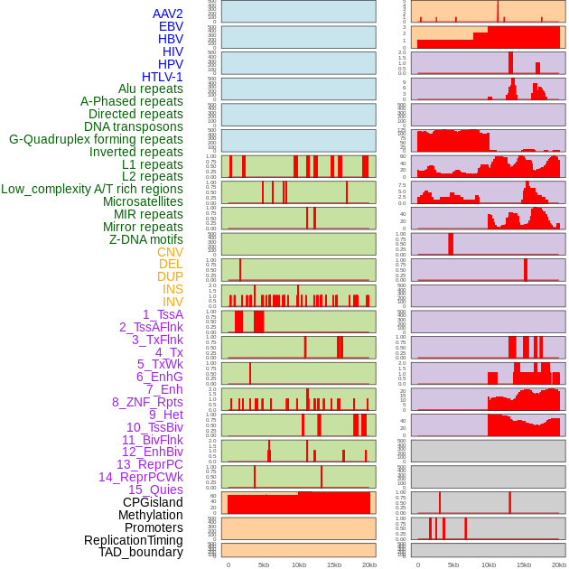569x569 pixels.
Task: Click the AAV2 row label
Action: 168,14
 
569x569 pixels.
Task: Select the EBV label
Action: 171,26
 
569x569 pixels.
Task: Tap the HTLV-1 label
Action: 162,77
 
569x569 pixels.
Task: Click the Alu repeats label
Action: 151,89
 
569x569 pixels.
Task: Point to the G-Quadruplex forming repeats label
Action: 96,139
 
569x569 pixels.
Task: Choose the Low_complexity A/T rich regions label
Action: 92,189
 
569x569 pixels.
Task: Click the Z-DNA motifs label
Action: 145,239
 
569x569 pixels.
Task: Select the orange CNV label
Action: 170,252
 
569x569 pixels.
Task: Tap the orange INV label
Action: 173,302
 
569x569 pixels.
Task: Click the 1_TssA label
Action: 163,314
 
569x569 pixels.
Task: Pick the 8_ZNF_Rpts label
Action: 147,402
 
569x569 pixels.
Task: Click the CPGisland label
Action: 153,502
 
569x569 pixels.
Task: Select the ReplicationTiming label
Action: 133,540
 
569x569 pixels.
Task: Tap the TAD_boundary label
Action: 141,552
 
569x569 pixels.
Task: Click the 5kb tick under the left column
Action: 264,564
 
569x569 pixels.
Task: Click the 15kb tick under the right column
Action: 523,564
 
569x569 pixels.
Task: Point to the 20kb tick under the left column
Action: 369,564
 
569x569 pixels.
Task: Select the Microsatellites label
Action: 143,201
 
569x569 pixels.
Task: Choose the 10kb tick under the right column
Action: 489,564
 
